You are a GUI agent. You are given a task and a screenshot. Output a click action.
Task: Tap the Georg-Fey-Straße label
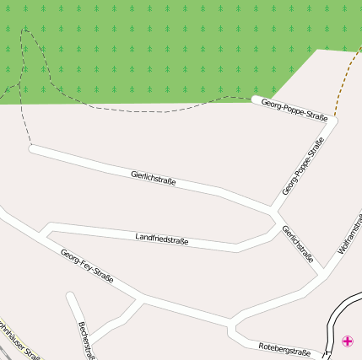(87, 265)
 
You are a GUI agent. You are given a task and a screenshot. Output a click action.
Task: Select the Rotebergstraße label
(284, 349)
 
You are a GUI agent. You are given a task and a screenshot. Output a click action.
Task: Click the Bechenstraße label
(85, 339)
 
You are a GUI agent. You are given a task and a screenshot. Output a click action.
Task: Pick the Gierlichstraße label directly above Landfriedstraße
(154, 177)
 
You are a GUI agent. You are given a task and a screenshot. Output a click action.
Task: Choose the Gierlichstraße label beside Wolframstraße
(298, 244)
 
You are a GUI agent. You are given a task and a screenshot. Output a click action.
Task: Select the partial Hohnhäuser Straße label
(19, 341)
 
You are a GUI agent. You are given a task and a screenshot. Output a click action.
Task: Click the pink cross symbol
(347, 341)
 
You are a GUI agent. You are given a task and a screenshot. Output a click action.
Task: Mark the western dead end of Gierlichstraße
(32, 149)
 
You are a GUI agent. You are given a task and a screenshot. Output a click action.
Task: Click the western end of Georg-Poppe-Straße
(255, 99)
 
